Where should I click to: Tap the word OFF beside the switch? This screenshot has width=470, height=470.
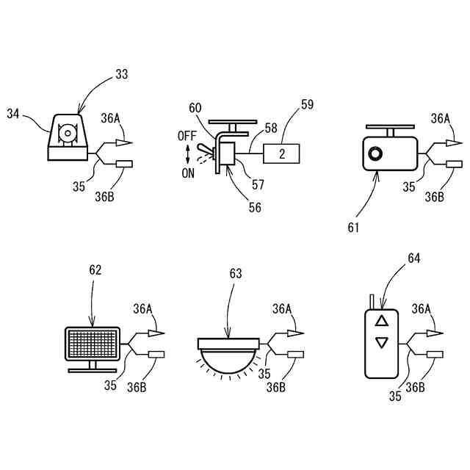(x=187, y=137)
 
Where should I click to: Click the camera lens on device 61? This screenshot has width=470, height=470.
(x=375, y=155)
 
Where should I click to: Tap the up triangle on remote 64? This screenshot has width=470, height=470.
(x=381, y=322)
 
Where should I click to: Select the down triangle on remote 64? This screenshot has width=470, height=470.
(x=381, y=342)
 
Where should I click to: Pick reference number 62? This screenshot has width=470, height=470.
(x=95, y=270)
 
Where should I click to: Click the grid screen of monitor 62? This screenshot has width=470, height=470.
(x=92, y=343)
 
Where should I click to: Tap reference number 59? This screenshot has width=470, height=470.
(x=306, y=104)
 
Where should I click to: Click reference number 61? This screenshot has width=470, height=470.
(x=353, y=228)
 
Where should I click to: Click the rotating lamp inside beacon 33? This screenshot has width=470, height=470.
(x=68, y=134)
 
